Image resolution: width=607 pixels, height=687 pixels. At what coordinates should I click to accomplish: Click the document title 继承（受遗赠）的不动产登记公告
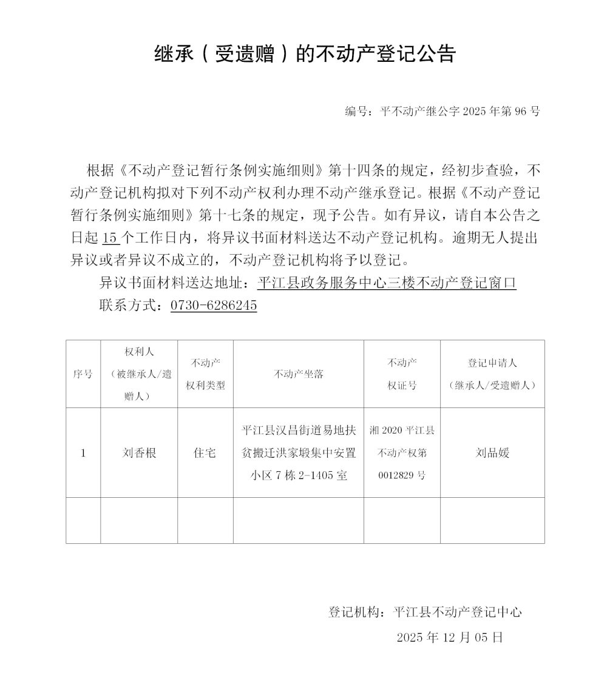click(x=305, y=55)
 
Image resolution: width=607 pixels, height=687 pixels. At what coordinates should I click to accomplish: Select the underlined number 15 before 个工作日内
click(x=110, y=238)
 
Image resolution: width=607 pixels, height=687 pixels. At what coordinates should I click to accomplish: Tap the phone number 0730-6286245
click(x=214, y=306)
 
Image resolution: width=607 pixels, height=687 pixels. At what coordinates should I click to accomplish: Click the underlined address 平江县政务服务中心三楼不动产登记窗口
click(x=387, y=283)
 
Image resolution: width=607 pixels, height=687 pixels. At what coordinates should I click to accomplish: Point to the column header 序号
click(x=83, y=374)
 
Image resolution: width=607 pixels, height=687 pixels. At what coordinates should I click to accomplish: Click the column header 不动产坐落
click(x=299, y=374)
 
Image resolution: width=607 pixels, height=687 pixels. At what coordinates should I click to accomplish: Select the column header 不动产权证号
click(x=402, y=374)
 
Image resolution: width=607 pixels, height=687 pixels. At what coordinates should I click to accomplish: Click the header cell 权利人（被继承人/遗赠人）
click(x=139, y=374)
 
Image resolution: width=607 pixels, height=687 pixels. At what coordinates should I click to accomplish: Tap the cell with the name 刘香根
click(x=139, y=453)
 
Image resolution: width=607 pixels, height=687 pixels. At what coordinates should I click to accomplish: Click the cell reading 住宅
click(x=205, y=453)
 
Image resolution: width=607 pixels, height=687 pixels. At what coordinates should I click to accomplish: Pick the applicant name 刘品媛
click(x=492, y=453)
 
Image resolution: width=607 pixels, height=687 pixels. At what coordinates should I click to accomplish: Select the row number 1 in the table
click(x=83, y=453)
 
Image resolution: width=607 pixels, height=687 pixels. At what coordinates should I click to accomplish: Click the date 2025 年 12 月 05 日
click(x=450, y=637)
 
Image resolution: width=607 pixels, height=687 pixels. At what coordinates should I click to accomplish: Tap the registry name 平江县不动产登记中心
click(x=458, y=612)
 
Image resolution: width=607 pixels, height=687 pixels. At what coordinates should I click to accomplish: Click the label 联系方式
click(x=127, y=306)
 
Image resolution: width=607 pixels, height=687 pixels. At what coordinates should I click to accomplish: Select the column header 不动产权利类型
click(x=205, y=374)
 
